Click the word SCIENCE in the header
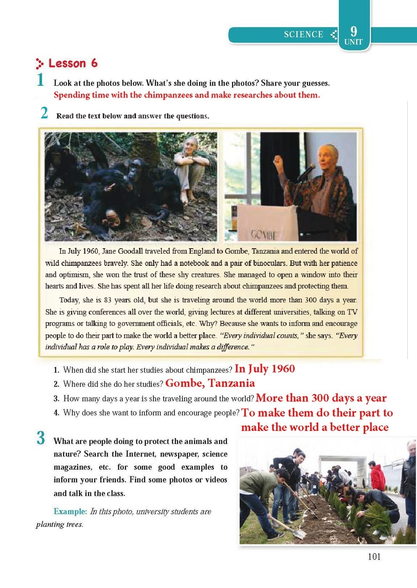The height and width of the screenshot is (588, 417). [x=303, y=34]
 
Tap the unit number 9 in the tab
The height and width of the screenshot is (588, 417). [x=354, y=31]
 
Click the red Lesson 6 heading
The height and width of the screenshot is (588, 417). [x=73, y=63]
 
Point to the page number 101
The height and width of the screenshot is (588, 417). [x=374, y=556]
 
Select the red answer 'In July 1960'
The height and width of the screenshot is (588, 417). [x=265, y=369]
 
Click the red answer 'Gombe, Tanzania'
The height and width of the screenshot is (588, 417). [x=210, y=383]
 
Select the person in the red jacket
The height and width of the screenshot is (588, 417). [x=377, y=477]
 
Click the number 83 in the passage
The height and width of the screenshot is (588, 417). [x=108, y=300]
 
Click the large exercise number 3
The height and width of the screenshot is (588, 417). [x=41, y=438]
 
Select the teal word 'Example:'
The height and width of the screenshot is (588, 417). [x=70, y=511]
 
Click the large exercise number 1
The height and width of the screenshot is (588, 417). [x=40, y=80]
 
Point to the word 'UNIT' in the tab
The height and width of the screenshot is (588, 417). [x=353, y=42]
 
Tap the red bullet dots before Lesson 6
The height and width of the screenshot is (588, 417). [x=40, y=63]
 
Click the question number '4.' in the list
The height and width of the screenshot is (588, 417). [x=56, y=412]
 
